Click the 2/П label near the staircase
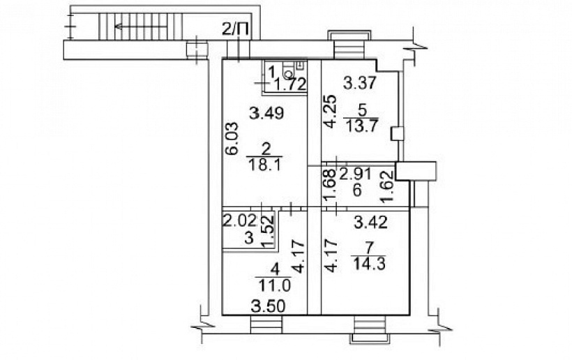(236, 29)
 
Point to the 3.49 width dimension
(266, 114)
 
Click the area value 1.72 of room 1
(289, 84)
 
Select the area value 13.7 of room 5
(361, 126)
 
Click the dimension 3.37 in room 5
(360, 83)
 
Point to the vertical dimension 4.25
(330, 111)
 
